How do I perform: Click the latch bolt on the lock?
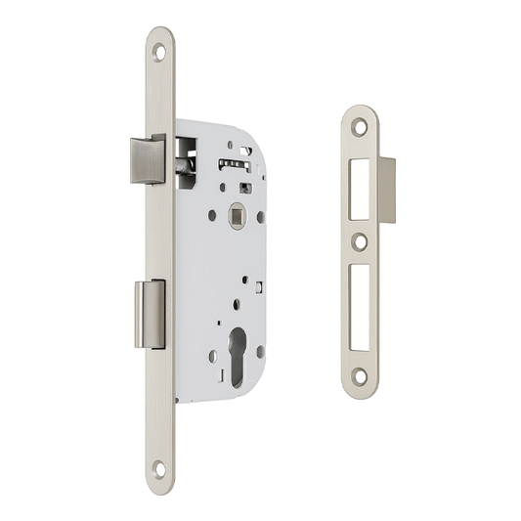[147, 159]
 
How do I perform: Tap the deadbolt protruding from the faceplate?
[150, 313]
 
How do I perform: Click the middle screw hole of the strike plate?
[361, 240]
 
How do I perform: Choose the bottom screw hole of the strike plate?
[361, 374]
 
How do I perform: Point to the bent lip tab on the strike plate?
[386, 190]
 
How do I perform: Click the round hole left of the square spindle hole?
[211, 217]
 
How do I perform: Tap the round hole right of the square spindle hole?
[261, 217]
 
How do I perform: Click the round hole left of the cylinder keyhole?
[212, 356]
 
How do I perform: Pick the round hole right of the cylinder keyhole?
[263, 356]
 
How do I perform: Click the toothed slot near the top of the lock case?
[233, 161]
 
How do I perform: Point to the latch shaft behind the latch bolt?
[182, 167]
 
